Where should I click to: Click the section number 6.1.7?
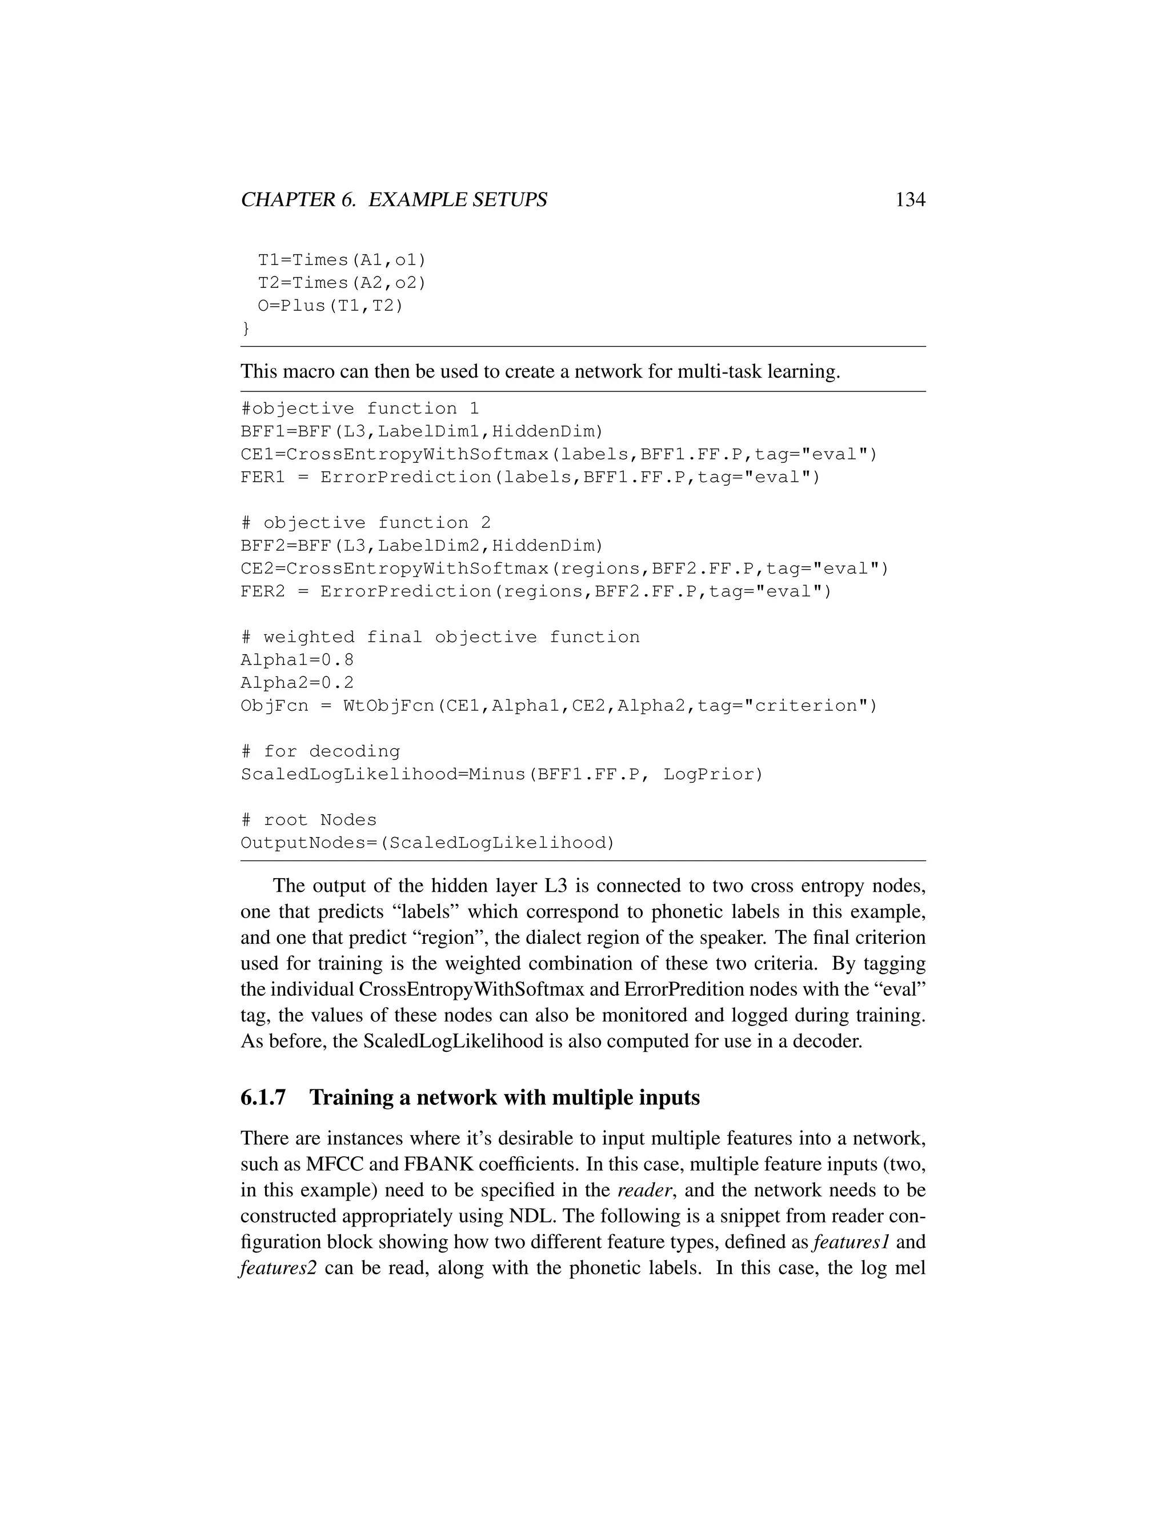click(x=263, y=1098)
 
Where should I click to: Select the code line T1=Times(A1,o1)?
click(x=342, y=260)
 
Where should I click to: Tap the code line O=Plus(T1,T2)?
click(x=330, y=306)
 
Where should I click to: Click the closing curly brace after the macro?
click(x=245, y=328)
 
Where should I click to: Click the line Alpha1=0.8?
click(x=296, y=660)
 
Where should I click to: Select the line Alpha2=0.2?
click(x=296, y=683)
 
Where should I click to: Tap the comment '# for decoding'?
click(x=320, y=751)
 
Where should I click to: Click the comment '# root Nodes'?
click(x=308, y=820)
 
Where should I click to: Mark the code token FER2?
click(x=263, y=591)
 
